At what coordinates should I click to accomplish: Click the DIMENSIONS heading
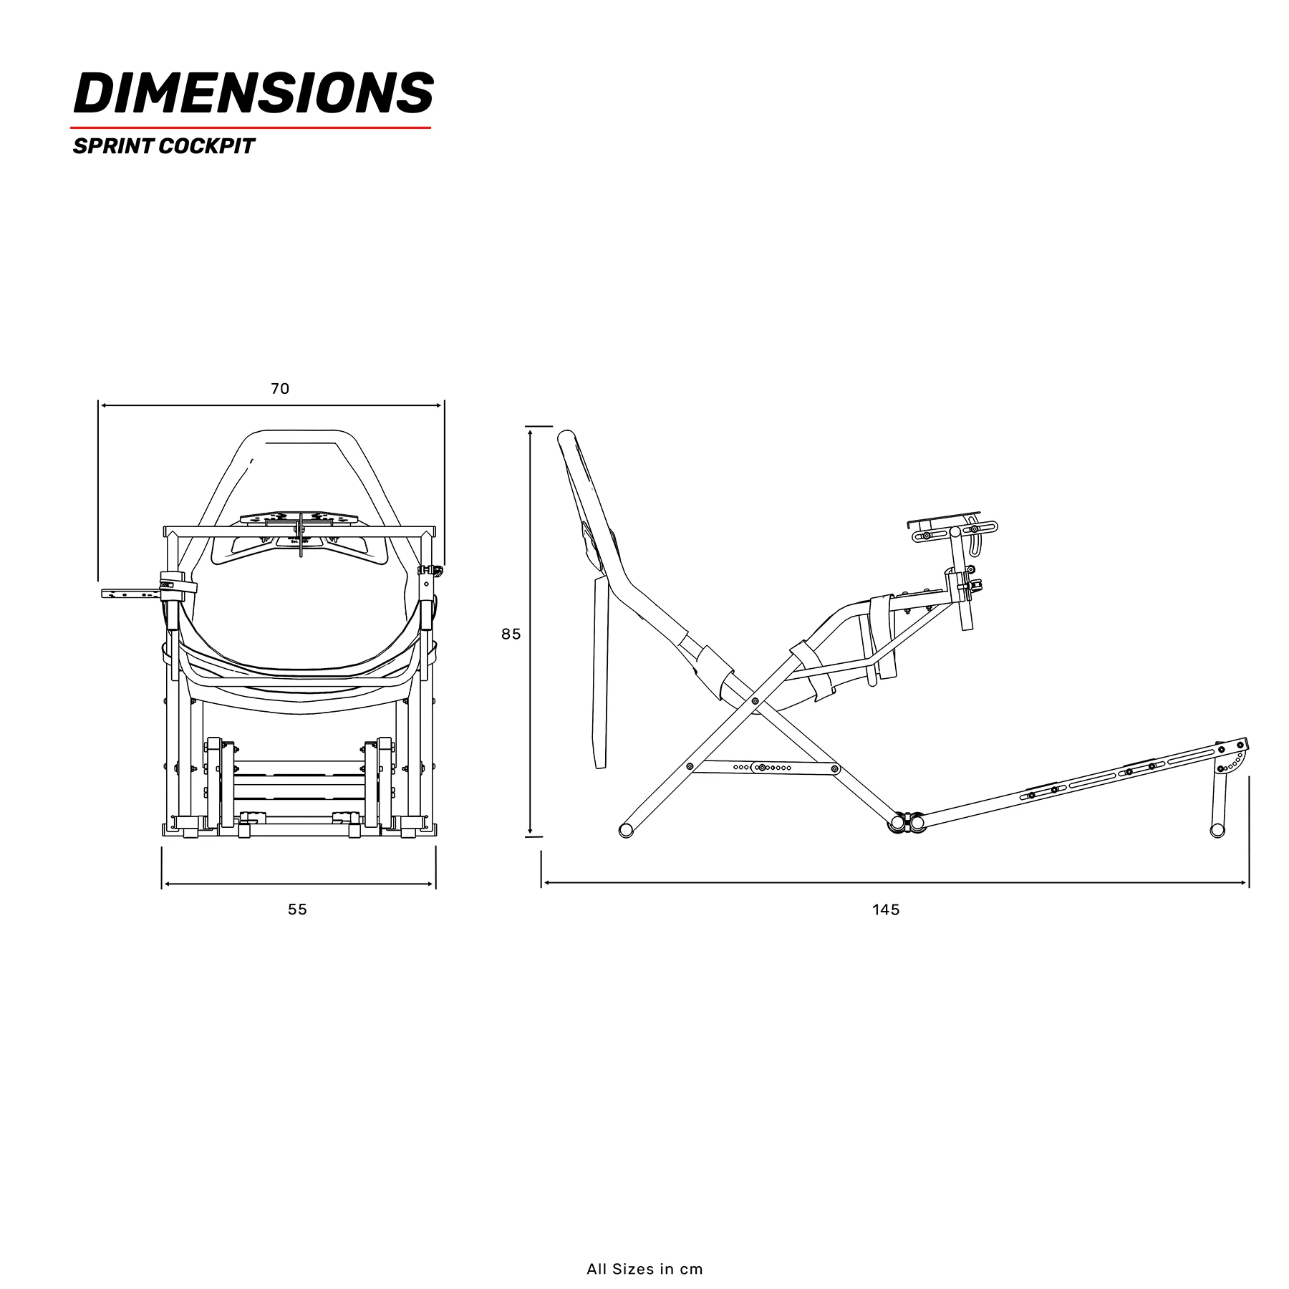254,93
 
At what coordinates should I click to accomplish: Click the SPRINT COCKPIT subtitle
163,146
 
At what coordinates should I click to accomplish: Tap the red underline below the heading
251,127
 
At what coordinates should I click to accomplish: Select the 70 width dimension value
280,389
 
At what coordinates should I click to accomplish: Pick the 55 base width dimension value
297,909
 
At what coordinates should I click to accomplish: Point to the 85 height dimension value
511,634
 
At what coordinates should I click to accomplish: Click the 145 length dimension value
886,910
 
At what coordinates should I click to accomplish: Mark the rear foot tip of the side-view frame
626,831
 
